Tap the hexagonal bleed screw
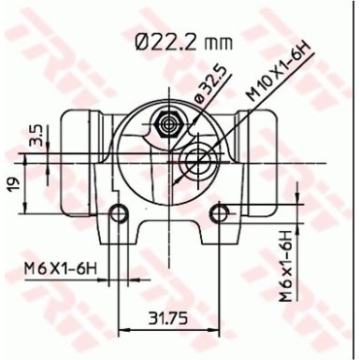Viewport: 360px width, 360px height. click(x=169, y=122)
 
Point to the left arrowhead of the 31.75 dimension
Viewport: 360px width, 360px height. click(x=122, y=329)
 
